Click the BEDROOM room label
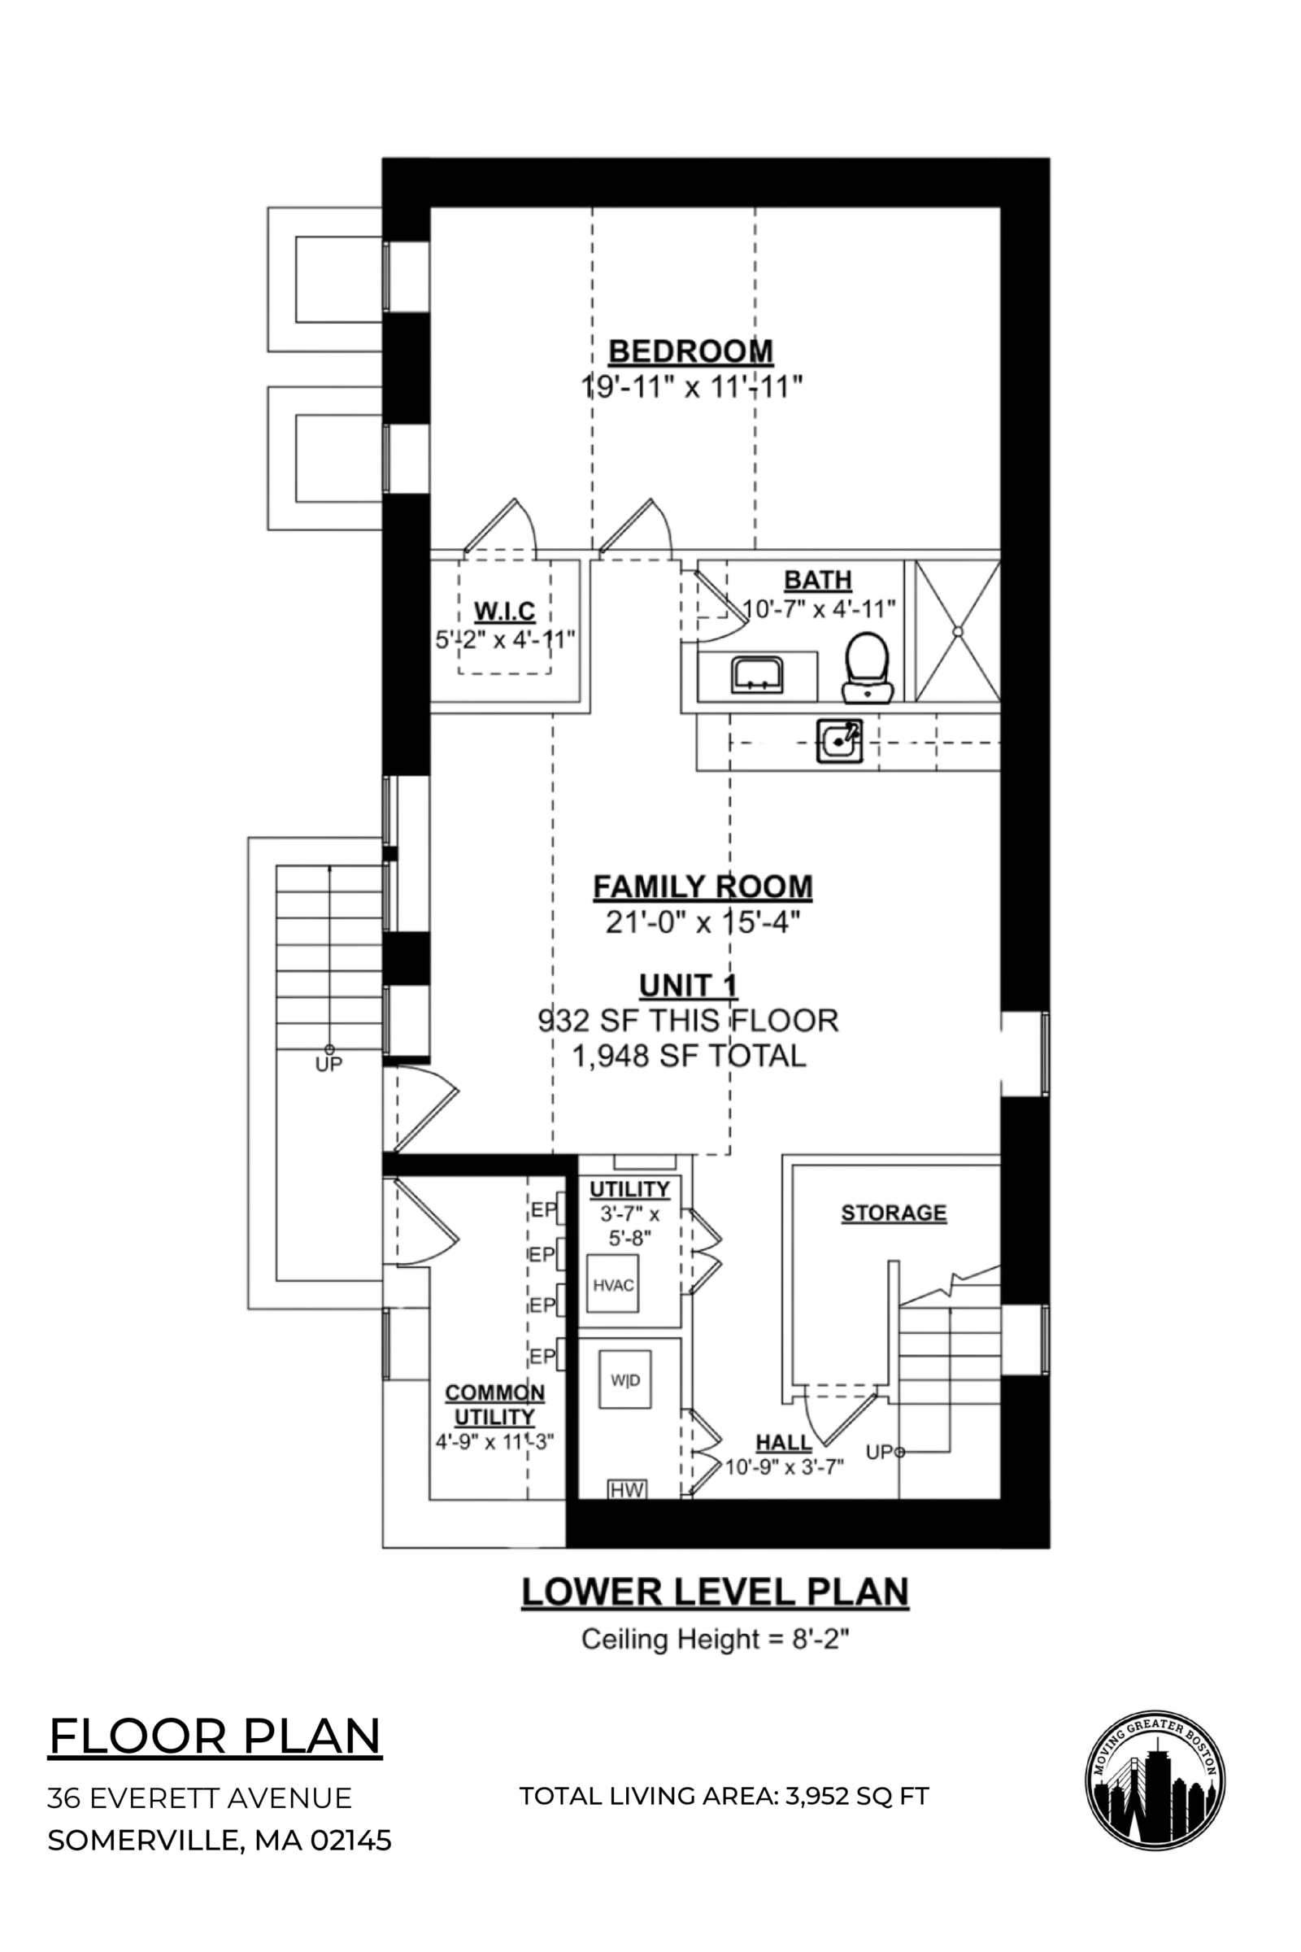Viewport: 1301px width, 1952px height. coord(690,351)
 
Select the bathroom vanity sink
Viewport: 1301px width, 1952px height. coord(757,674)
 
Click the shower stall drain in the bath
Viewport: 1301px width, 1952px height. coord(957,632)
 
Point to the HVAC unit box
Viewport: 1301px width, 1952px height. coord(613,1286)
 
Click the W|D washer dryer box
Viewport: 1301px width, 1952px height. coord(625,1380)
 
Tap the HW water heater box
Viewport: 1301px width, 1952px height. coord(627,1490)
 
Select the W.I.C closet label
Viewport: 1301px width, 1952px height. coord(504,612)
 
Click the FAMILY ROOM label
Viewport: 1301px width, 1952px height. coord(702,887)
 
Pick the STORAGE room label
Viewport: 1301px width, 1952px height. coord(894,1213)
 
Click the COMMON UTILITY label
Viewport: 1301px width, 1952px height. coord(494,1405)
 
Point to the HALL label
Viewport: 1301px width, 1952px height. coord(783,1442)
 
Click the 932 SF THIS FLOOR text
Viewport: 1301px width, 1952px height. coord(688,1020)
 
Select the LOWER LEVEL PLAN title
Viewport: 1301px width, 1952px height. coord(715,1592)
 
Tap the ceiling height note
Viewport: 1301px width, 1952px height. coord(715,1639)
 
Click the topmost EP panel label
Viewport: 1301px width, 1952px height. coord(543,1210)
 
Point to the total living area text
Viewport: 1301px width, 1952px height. coord(724,1796)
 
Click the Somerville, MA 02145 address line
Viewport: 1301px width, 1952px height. coord(219,1840)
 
